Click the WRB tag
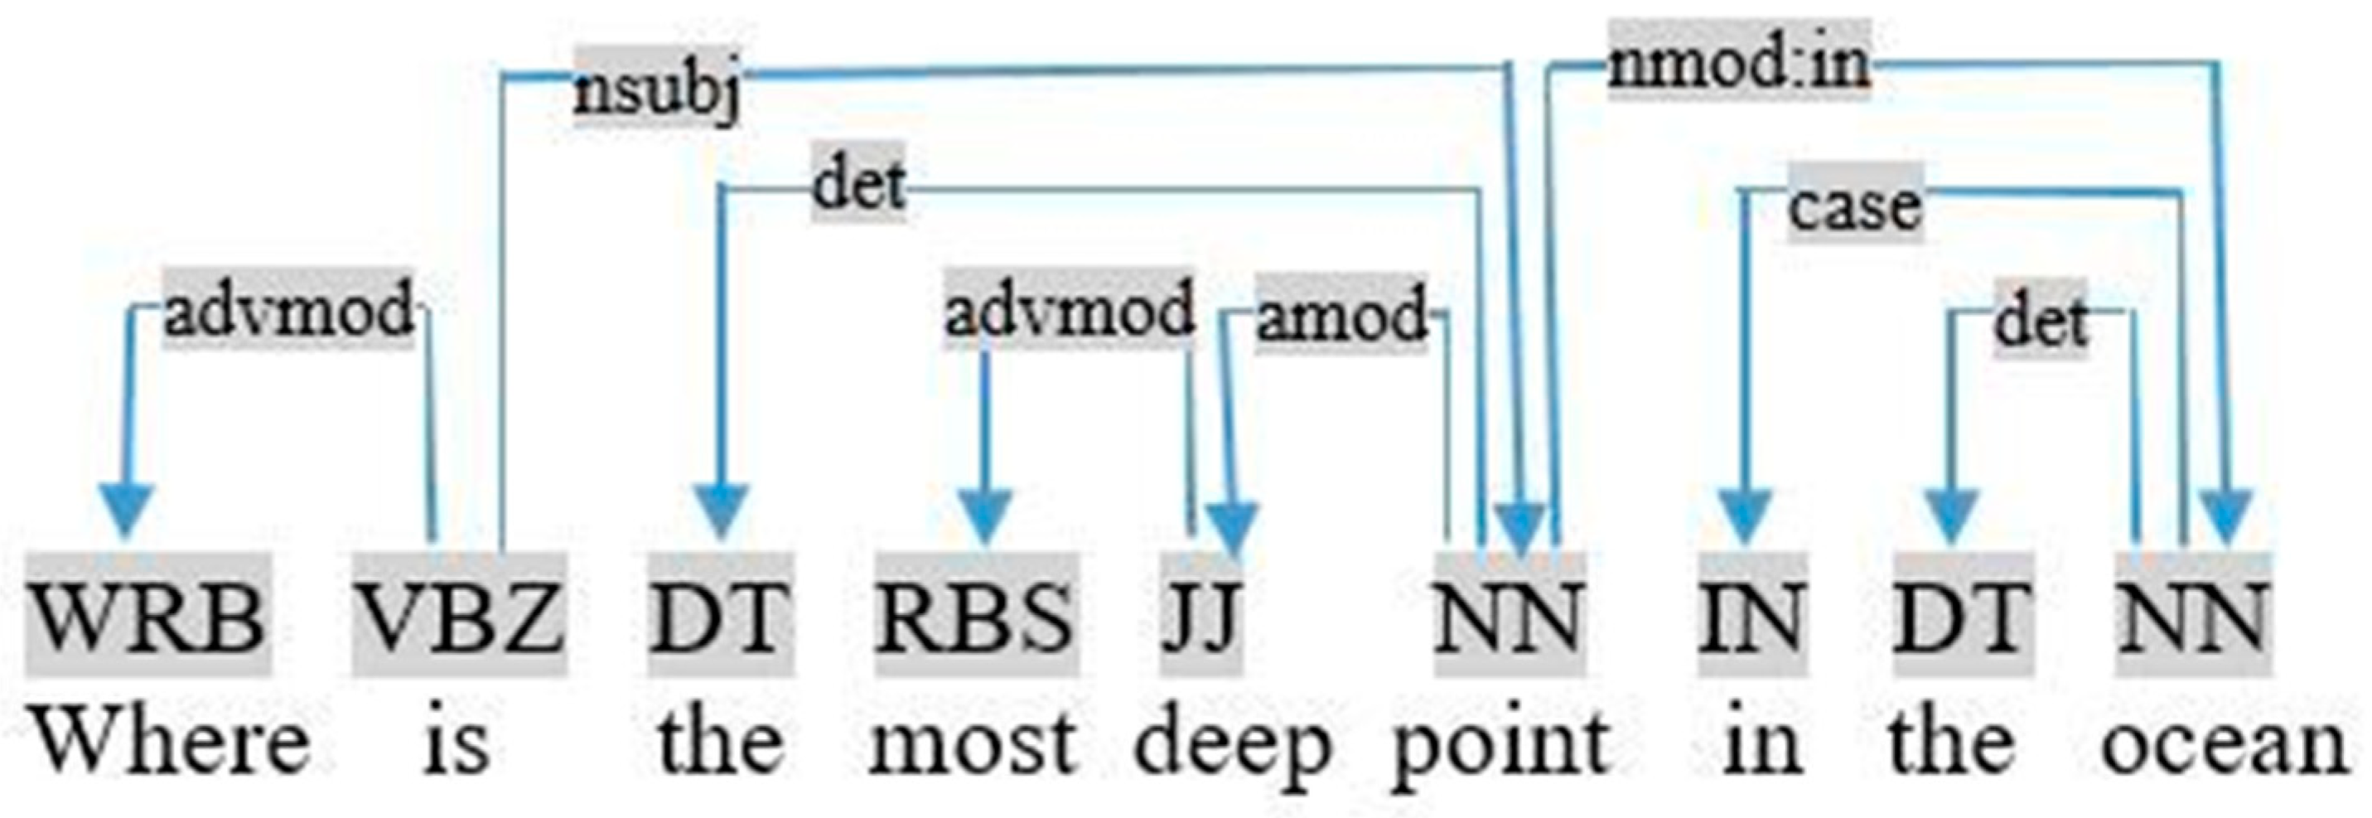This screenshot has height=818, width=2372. pyautogui.click(x=148, y=614)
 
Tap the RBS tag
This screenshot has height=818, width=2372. pyautogui.click(x=975, y=614)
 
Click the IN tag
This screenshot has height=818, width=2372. pyautogui.click(x=1751, y=614)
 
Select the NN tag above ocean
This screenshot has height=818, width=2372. pyautogui.click(x=2192, y=614)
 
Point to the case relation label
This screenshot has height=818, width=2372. pyautogui.click(x=1855, y=206)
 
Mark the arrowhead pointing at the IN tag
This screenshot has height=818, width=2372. pyautogui.click(x=1745, y=515)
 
